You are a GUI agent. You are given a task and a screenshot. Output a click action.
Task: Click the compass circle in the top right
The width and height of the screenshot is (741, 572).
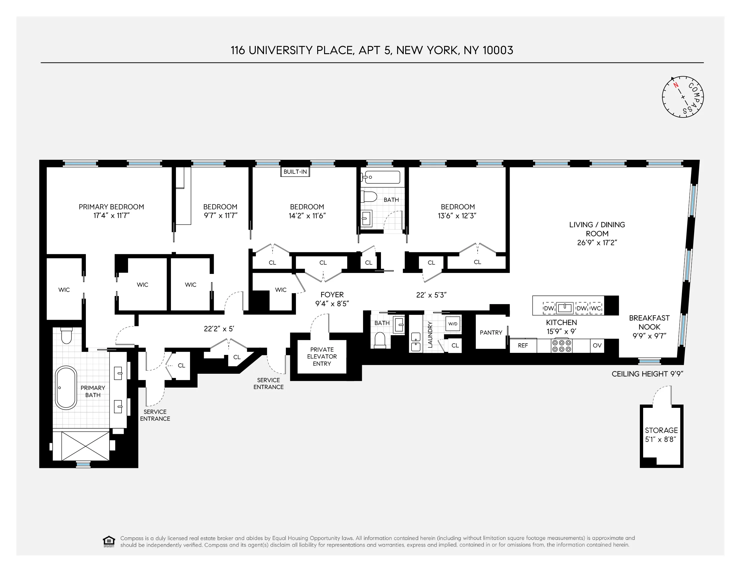683,97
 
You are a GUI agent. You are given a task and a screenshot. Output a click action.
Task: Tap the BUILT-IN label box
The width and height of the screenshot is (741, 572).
295,172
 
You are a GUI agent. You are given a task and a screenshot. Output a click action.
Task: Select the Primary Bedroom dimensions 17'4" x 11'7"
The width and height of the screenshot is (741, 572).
111,216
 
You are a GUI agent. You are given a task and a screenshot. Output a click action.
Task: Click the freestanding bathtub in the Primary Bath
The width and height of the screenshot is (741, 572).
66,387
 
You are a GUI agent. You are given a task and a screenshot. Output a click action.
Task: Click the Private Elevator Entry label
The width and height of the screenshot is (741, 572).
322,356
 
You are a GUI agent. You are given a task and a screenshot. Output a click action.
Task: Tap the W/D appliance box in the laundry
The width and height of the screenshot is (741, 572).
453,324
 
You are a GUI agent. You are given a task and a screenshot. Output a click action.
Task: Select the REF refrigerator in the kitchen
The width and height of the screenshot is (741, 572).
523,346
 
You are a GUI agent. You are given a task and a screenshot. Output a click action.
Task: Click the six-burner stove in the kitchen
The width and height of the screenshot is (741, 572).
561,346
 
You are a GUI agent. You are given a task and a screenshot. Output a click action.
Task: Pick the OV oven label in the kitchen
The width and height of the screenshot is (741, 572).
597,346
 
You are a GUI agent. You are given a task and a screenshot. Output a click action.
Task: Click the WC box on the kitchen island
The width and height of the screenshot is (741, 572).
596,308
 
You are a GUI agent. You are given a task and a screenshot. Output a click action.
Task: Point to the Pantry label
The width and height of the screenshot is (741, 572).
491,332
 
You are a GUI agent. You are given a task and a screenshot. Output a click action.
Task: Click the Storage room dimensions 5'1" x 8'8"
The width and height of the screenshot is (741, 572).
660,440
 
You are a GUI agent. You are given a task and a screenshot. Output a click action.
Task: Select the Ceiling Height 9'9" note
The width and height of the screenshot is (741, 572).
647,374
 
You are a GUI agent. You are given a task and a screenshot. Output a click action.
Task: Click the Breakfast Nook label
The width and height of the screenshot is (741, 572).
649,322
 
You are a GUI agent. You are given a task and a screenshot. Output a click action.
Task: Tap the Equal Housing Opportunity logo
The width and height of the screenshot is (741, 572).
109,542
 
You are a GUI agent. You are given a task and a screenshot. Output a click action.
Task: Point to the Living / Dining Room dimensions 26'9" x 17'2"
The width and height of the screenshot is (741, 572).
597,243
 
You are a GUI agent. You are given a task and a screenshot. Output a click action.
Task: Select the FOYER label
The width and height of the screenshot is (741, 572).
332,295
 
